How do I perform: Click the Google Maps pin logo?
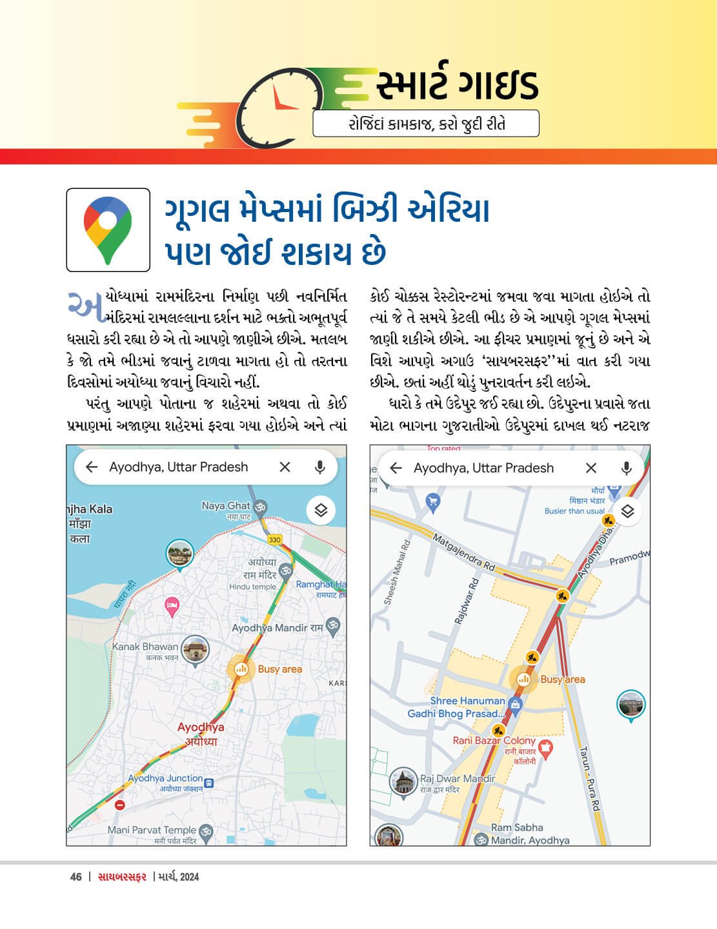(x=108, y=230)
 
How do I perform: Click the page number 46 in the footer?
(x=76, y=877)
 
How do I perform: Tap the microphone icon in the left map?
(x=319, y=467)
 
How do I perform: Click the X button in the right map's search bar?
(x=591, y=468)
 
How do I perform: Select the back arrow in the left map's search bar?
(x=92, y=467)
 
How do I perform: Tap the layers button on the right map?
(x=627, y=512)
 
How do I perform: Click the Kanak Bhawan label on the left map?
(x=145, y=647)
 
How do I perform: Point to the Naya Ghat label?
(x=225, y=506)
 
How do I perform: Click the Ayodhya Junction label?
(x=165, y=778)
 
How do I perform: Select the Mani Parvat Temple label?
(x=152, y=830)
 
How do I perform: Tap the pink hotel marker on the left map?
(x=172, y=605)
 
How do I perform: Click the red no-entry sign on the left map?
(x=119, y=805)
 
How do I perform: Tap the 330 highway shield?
(x=275, y=540)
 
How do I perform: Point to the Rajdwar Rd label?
(x=467, y=601)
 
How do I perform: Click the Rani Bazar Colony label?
(x=494, y=741)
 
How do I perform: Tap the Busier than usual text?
(x=574, y=511)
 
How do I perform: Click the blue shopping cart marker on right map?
(x=433, y=500)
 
